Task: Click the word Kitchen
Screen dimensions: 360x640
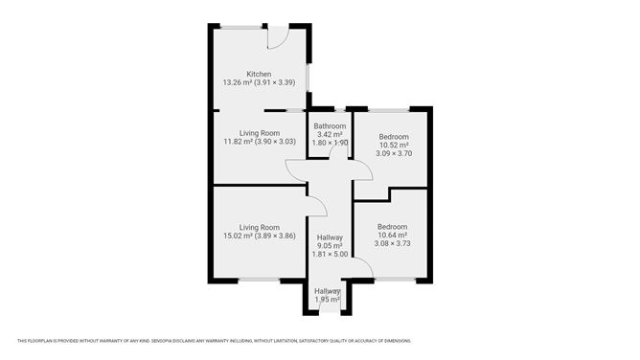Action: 259,74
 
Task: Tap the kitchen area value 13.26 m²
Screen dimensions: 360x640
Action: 239,83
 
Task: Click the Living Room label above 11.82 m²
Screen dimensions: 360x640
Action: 259,133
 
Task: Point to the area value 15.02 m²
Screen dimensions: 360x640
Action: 239,236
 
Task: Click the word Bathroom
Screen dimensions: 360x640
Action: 330,126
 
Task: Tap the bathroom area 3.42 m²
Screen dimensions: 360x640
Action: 330,135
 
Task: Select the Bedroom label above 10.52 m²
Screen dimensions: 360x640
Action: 393,136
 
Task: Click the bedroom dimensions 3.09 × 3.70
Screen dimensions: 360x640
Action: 393,153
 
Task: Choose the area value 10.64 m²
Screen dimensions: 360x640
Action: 393,236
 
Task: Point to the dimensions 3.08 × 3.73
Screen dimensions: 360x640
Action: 393,244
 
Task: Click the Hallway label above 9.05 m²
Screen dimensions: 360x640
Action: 330,237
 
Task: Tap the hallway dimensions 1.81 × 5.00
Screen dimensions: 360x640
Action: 330,255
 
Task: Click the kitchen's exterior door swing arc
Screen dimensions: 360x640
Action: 277,39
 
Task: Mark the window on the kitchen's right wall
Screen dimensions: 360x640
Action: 307,76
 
